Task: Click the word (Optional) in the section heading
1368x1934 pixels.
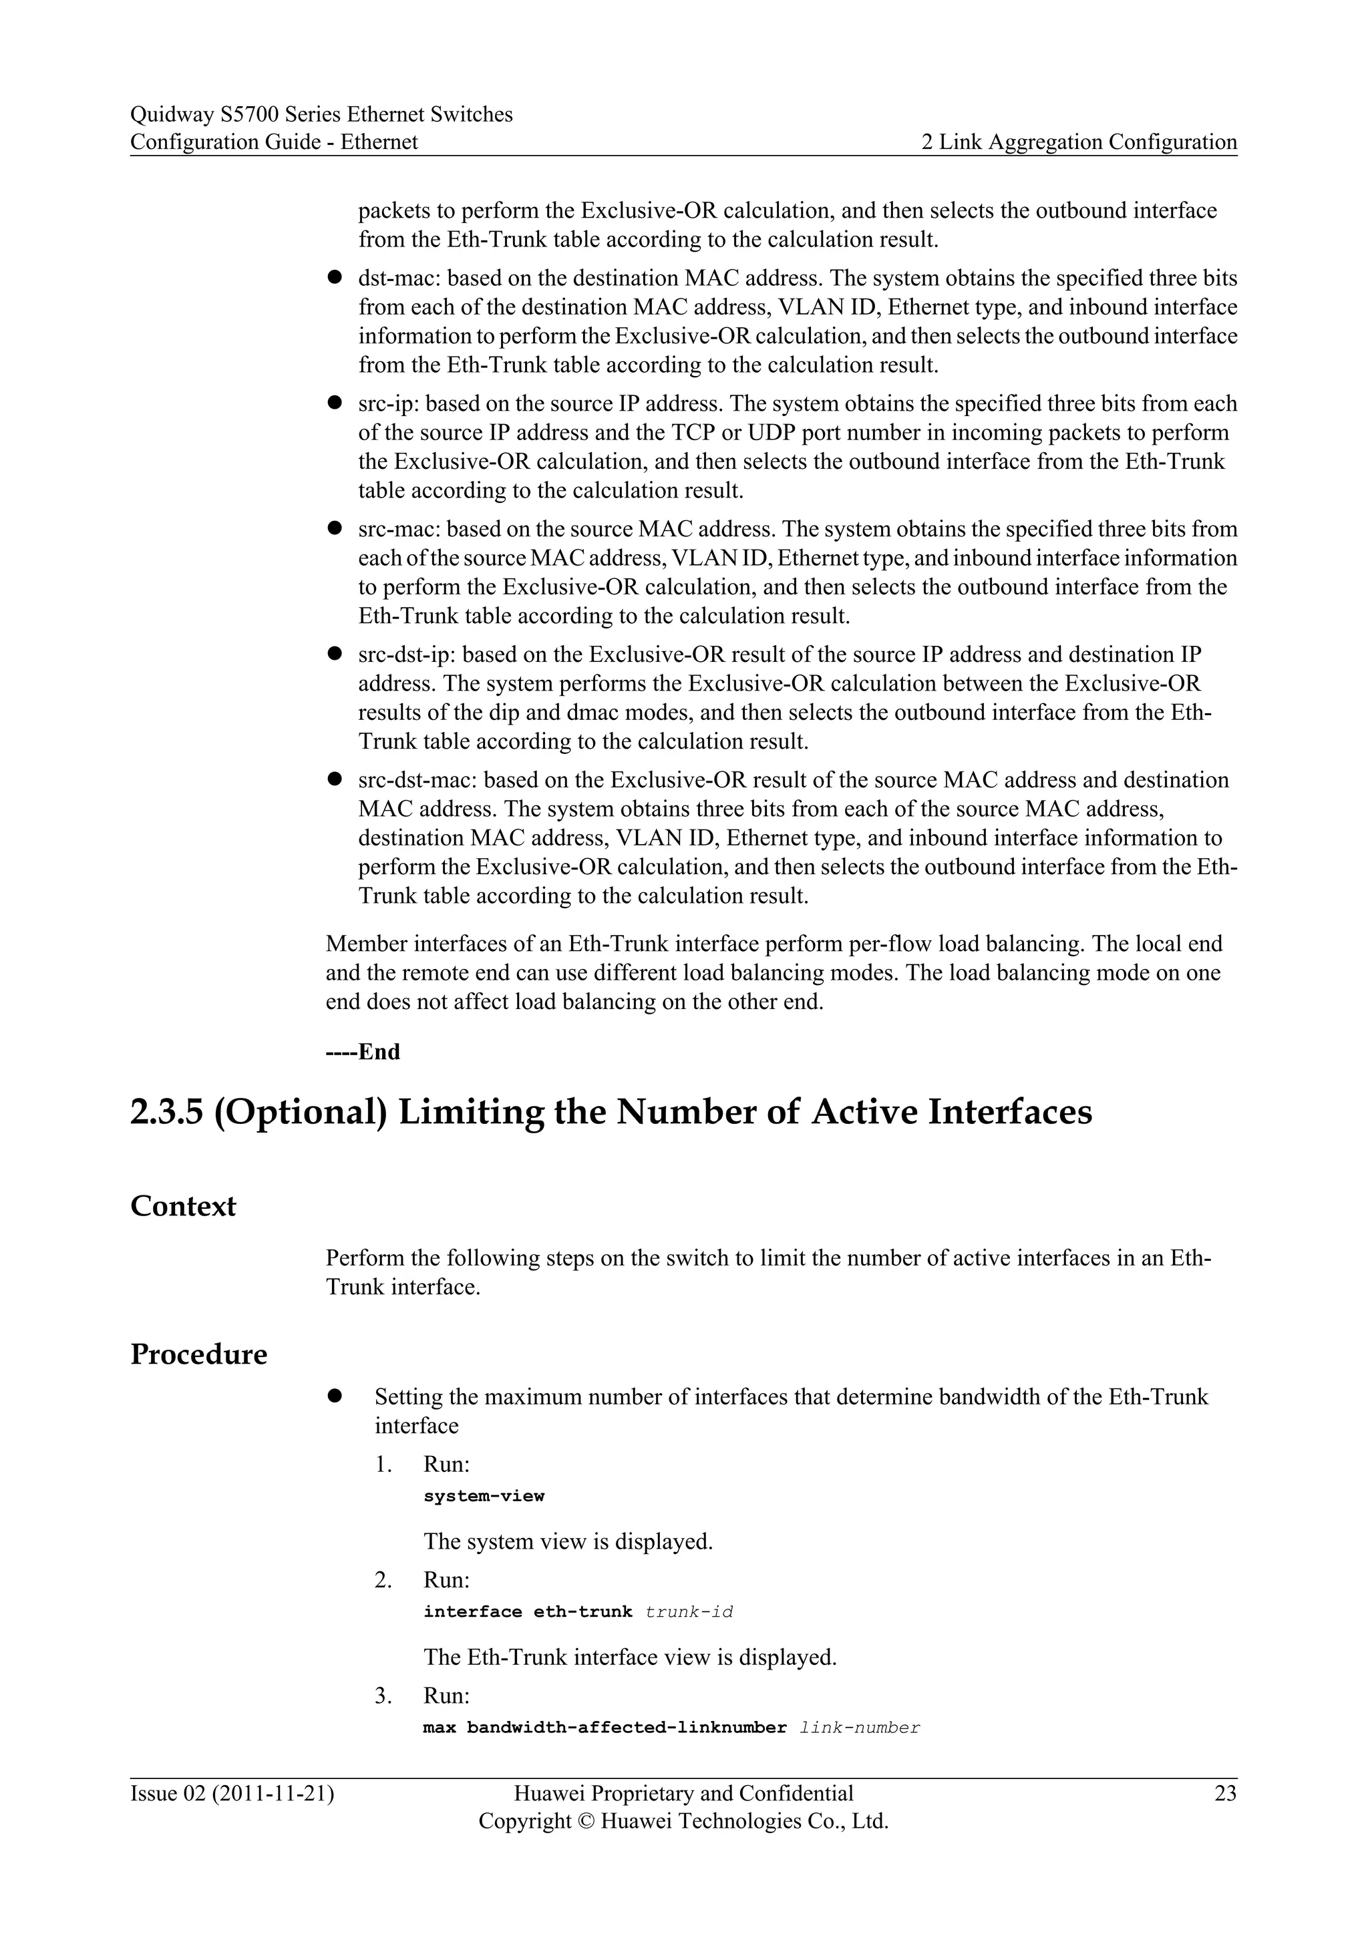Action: (x=301, y=1112)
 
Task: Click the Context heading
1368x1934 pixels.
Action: (x=183, y=1206)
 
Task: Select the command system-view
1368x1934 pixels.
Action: (x=484, y=1496)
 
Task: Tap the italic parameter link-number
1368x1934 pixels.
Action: (x=859, y=1728)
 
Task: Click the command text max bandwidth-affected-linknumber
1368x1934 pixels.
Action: (x=604, y=1728)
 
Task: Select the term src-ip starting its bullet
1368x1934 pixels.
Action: (x=387, y=403)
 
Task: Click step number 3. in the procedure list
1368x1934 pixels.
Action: (x=383, y=1695)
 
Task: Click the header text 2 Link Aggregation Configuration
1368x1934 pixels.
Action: (x=1078, y=142)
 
